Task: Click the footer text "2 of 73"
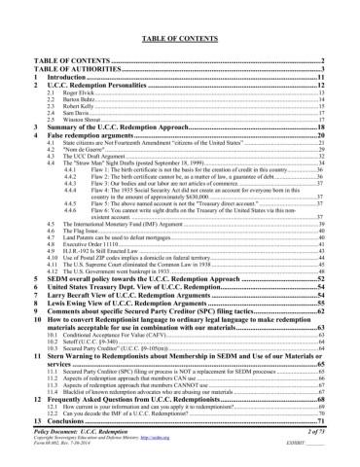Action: click(311, 429)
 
